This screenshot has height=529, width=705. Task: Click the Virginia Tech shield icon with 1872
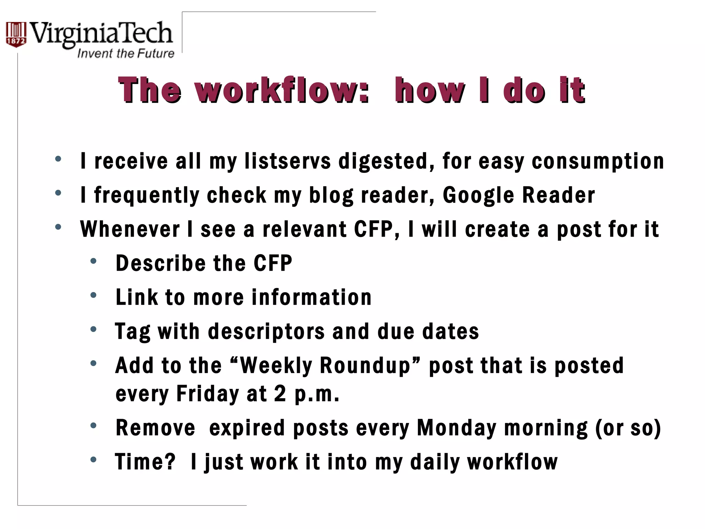(16, 35)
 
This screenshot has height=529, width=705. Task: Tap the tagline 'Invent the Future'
(126, 54)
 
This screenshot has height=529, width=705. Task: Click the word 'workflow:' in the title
(282, 90)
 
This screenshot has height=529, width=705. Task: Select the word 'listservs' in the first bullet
(288, 161)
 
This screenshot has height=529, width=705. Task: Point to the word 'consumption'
(598, 161)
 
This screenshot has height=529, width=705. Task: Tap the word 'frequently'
(147, 196)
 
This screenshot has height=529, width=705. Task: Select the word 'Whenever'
(130, 229)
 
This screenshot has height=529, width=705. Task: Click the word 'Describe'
(160, 263)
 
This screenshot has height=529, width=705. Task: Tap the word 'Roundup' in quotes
(366, 365)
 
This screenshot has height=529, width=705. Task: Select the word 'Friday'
(207, 394)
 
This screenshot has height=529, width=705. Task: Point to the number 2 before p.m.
(280, 394)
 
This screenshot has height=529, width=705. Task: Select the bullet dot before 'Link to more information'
(93, 295)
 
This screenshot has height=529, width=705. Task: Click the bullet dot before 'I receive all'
(58, 159)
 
